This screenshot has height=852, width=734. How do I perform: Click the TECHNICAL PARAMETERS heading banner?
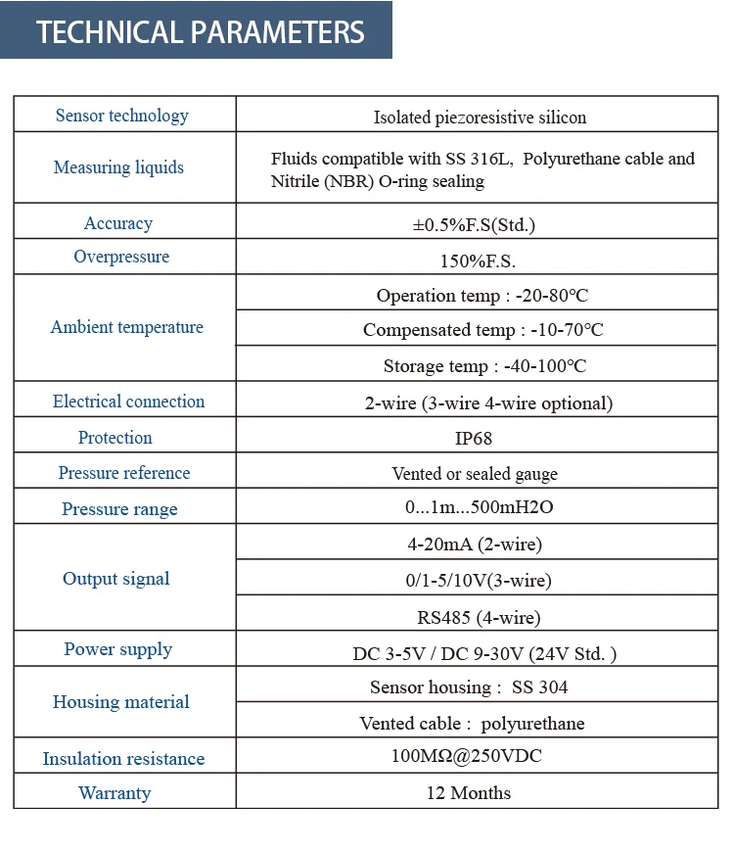201,31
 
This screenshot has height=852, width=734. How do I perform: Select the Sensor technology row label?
122,116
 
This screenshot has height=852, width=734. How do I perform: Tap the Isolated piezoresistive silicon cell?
480,118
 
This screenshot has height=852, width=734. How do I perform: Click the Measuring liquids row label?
118,167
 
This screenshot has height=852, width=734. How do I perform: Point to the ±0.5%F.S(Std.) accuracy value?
474,224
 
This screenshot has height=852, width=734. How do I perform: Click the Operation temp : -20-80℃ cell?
482,295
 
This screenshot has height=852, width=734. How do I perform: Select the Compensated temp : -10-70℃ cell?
482,330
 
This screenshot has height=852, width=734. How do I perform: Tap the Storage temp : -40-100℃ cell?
484,366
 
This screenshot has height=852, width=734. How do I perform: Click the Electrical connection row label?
128,402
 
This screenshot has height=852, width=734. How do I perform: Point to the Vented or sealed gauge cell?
475,474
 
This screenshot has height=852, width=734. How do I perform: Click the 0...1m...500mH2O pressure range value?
473,508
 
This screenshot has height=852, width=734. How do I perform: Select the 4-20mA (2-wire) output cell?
475,544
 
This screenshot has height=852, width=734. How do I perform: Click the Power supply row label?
118,649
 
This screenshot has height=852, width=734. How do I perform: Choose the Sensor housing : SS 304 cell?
469,687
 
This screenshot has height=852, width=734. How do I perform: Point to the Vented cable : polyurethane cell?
472,724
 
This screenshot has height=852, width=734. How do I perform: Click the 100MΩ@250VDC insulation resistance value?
467,756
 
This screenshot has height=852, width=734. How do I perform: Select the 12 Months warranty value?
469,792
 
